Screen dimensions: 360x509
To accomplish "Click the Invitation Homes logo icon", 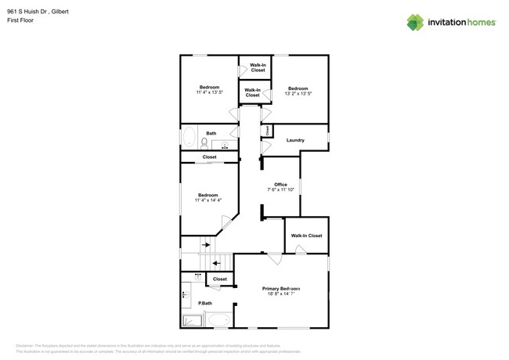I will pyautogui.click(x=415, y=22).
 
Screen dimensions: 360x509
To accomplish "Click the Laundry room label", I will pyautogui.click(x=295, y=140).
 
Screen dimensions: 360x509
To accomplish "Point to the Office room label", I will pyautogui.click(x=280, y=185).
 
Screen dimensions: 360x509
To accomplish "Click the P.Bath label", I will pyautogui.click(x=205, y=303).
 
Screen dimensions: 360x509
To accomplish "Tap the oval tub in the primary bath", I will pyautogui.click(x=218, y=320).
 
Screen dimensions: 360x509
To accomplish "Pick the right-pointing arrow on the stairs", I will pyautogui.click(x=206, y=245).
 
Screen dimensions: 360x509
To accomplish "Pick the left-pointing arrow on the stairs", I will pyautogui.click(x=216, y=263).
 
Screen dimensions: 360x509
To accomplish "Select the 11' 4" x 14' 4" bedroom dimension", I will pyautogui.click(x=208, y=200).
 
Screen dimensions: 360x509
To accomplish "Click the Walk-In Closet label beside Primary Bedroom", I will pyautogui.click(x=306, y=236).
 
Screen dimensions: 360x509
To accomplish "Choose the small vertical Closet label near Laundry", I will pyautogui.click(x=267, y=130).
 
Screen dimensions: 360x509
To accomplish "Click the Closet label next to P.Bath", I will pyautogui.click(x=220, y=279).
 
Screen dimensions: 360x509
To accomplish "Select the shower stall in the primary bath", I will pyautogui.click(x=192, y=320).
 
